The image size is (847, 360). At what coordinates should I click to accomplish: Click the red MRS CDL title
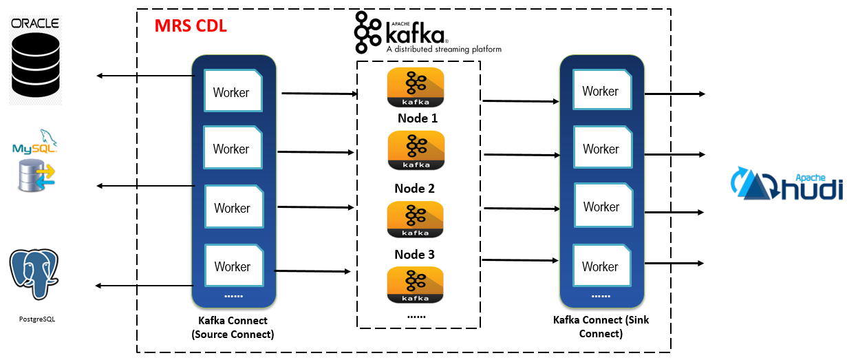click(191, 27)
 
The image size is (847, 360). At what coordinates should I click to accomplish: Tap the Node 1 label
click(417, 118)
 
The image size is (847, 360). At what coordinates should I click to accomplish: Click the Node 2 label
click(414, 189)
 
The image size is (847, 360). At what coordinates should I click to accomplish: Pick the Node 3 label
click(414, 255)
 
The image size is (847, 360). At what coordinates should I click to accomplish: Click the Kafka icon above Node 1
click(416, 87)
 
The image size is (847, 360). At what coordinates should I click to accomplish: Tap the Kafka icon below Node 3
click(416, 285)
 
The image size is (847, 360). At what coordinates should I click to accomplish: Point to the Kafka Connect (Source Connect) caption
click(233, 327)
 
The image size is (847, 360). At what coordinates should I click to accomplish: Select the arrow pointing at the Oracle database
click(144, 75)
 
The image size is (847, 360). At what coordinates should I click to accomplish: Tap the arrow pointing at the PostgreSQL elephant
click(144, 286)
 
